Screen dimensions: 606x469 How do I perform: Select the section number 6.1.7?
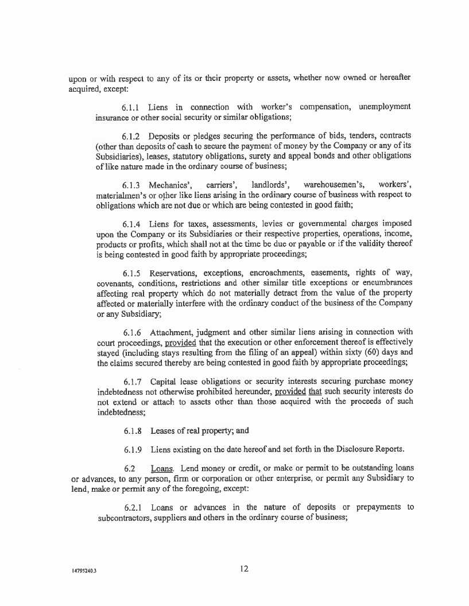(133, 382)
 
